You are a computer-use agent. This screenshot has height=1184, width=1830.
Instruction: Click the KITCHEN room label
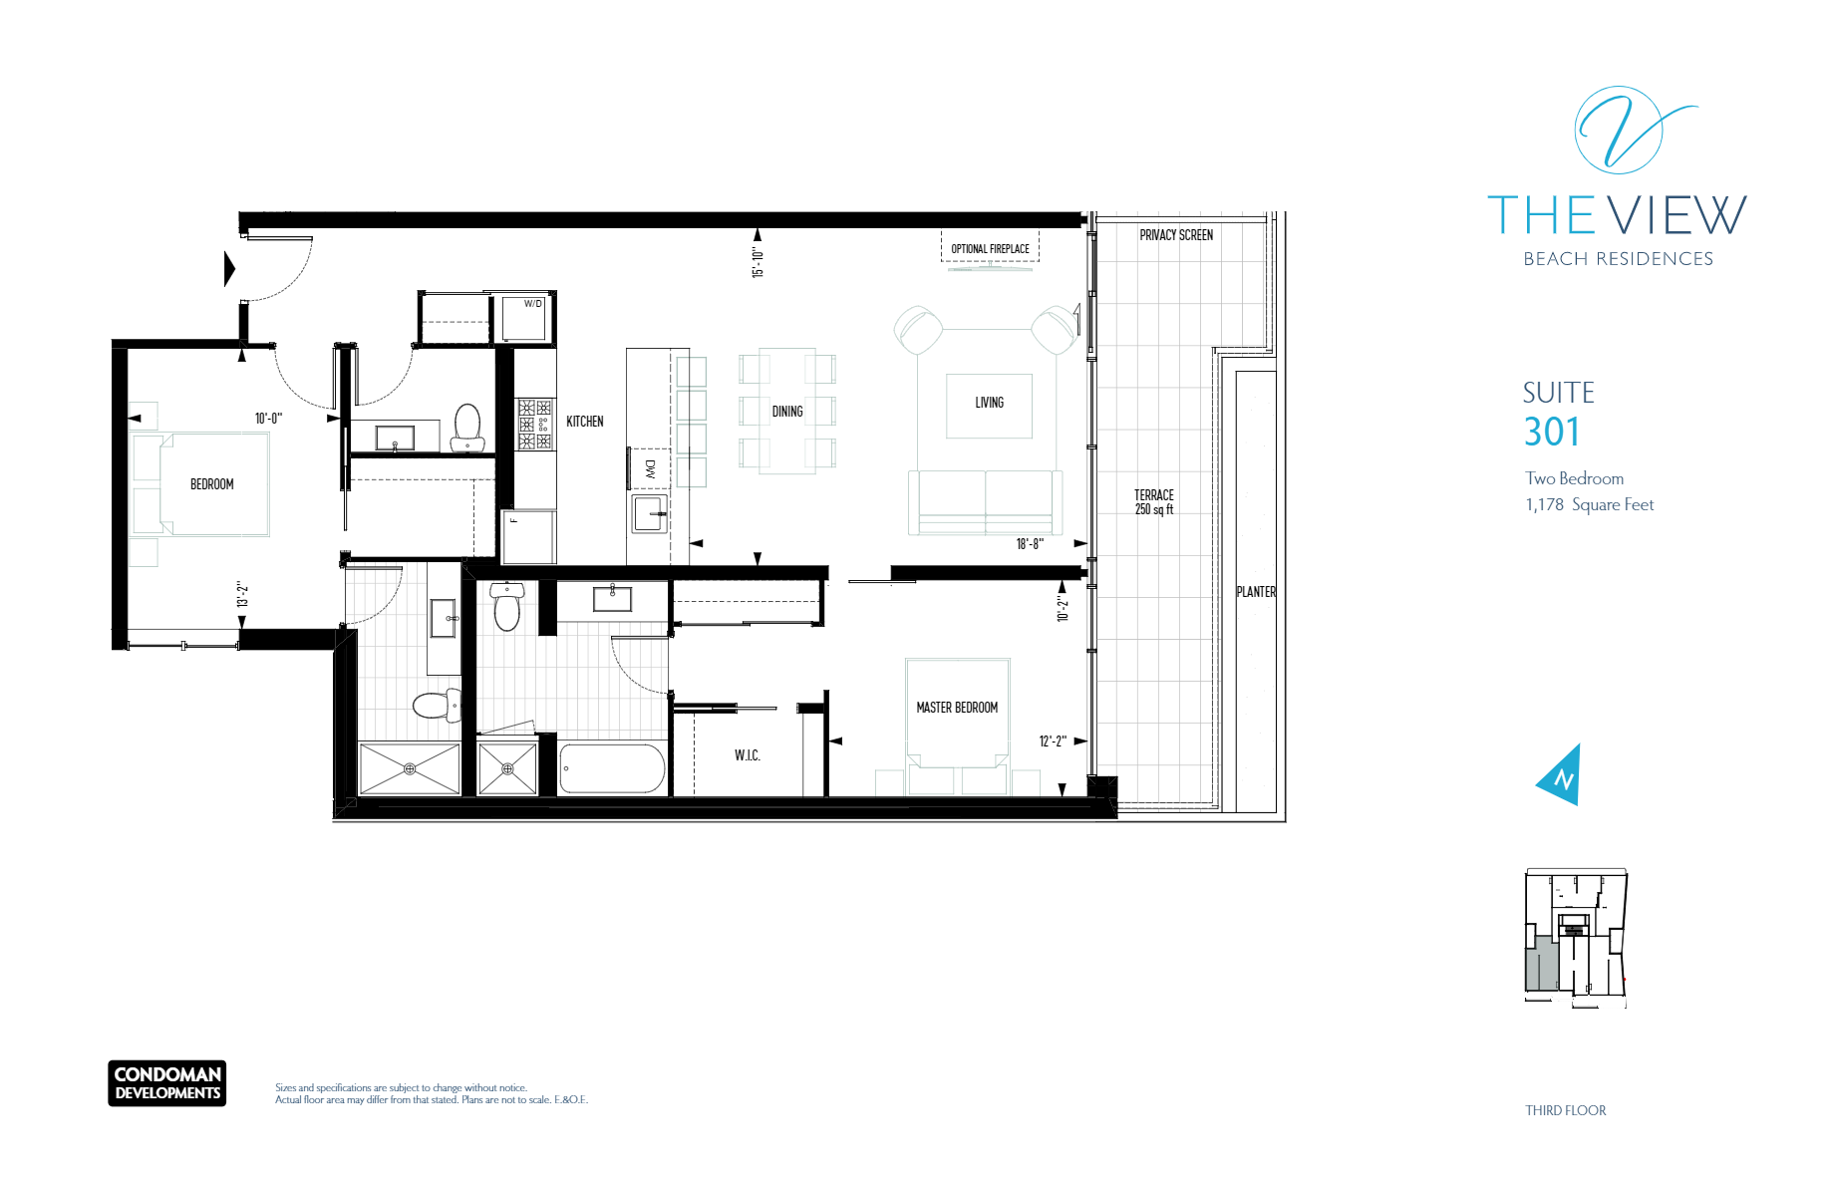(x=585, y=422)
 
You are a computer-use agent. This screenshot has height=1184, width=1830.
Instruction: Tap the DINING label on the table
(x=787, y=412)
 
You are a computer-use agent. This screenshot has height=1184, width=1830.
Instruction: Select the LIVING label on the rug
(x=990, y=403)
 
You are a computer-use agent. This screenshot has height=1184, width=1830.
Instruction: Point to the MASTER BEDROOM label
(x=957, y=708)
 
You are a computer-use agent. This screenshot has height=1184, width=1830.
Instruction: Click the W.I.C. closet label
(x=748, y=755)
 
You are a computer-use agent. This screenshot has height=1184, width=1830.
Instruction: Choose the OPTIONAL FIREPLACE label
(x=990, y=249)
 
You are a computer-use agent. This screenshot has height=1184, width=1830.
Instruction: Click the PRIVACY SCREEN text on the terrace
(x=1176, y=235)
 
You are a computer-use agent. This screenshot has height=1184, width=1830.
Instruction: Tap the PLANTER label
(x=1256, y=592)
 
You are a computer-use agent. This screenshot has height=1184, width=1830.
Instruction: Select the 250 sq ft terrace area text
(x=1154, y=509)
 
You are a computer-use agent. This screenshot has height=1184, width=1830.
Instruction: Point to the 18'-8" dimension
(x=1030, y=544)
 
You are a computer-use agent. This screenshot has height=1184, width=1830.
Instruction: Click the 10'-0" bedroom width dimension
(x=268, y=419)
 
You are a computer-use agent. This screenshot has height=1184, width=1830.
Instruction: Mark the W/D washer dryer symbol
(x=523, y=318)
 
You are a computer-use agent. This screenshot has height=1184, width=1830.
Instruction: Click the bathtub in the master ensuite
(x=612, y=768)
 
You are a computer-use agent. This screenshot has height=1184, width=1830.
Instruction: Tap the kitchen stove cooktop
(x=534, y=425)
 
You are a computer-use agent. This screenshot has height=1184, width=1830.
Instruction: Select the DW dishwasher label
(x=651, y=468)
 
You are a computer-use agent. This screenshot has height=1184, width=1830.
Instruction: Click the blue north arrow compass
(x=1561, y=775)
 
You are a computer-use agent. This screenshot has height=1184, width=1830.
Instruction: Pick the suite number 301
(x=1552, y=432)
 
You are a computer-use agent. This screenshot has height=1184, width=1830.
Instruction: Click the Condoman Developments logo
(x=167, y=1083)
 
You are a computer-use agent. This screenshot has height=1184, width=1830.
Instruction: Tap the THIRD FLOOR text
(x=1566, y=1110)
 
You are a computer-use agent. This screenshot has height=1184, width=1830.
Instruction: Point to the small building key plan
(x=1576, y=938)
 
